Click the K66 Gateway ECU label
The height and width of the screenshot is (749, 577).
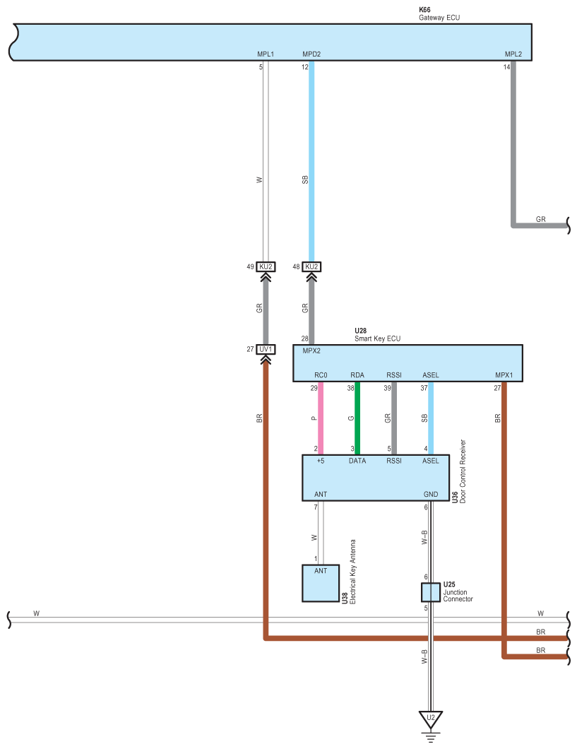[x=439, y=13]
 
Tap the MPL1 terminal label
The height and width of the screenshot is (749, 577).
[x=266, y=54]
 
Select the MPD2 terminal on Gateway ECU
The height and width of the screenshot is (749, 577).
[x=311, y=54]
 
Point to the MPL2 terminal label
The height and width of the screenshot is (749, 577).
[x=513, y=54]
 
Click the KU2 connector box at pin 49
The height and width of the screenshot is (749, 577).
[x=266, y=266]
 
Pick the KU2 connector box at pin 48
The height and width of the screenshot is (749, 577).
[x=311, y=266]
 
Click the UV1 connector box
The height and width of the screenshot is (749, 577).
[x=266, y=349]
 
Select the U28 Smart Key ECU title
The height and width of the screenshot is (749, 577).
[x=378, y=334]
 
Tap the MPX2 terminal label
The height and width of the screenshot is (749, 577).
[x=311, y=350]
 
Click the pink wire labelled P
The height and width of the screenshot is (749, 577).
[x=321, y=418]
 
